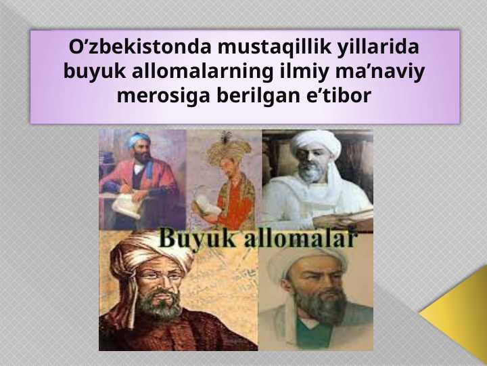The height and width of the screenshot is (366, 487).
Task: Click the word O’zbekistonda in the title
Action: coord(140,47)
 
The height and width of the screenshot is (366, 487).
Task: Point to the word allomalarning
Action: coord(202,73)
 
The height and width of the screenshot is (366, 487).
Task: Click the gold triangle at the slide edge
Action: coord(460,312)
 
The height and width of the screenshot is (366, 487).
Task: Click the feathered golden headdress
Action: coord(229,150)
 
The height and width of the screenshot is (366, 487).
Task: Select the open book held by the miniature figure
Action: coord(206,205)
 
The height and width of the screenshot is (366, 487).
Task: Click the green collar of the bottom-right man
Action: coord(314,333)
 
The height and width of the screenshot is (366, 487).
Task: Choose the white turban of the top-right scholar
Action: coord(316,142)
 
